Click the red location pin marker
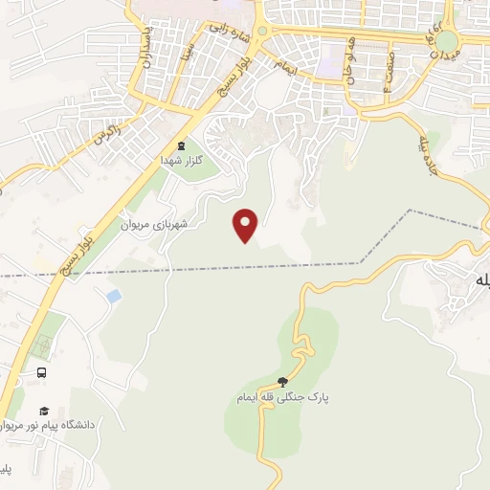point(246,225)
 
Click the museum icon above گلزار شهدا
point(182,146)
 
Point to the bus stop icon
point(41,372)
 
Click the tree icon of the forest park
point(281,381)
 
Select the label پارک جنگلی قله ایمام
point(278,396)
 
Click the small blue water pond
point(114,297)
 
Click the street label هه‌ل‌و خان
point(355,65)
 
